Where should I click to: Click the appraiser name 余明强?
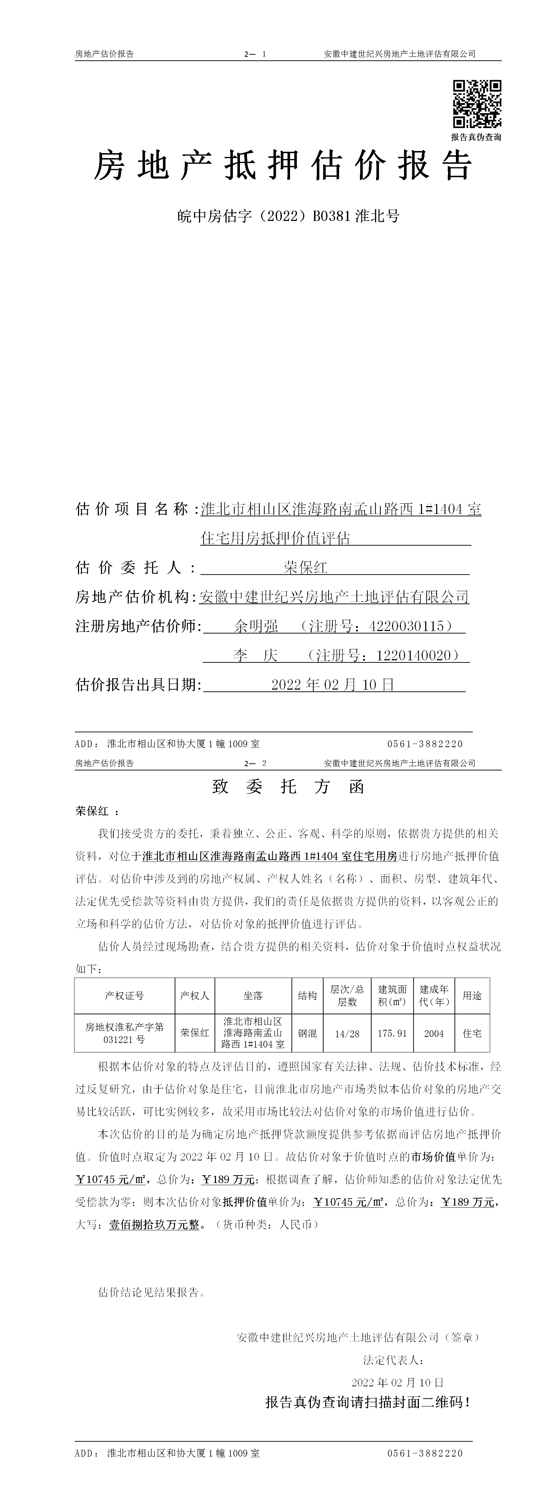coord(256,626)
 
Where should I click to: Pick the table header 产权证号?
coord(124,996)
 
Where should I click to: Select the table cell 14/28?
coord(347,1034)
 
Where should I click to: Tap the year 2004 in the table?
coord(434,1034)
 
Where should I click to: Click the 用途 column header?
coord(472,996)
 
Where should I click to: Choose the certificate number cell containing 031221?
coord(124,1034)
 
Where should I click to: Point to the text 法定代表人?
coord(393,1360)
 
